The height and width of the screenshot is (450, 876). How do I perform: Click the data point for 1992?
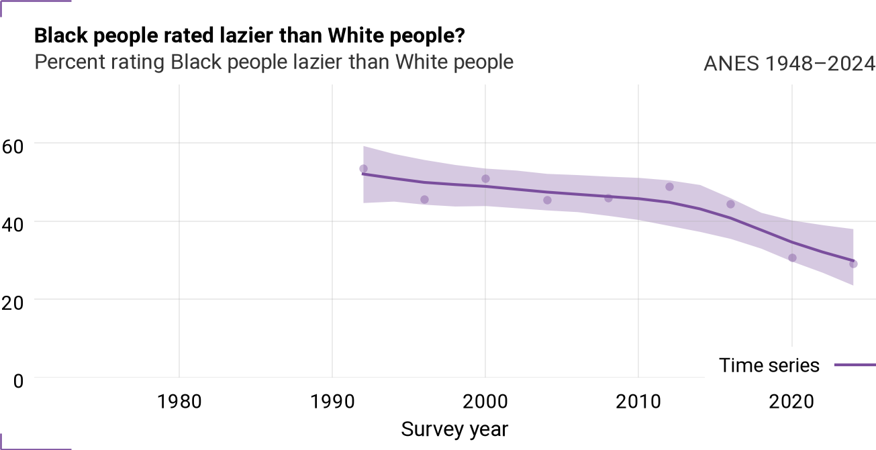(363, 169)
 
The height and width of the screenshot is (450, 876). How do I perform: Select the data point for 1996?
(424, 200)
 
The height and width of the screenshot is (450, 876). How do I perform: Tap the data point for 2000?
(485, 179)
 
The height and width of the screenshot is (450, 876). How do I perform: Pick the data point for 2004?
(547, 200)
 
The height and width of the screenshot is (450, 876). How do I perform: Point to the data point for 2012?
(669, 186)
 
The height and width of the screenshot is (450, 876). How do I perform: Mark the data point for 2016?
(730, 205)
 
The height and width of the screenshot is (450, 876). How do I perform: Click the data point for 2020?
(792, 258)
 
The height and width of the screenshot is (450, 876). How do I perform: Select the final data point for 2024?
(853, 264)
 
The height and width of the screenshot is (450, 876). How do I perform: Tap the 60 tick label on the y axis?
(13, 147)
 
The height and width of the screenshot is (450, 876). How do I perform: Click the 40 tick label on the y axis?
(13, 225)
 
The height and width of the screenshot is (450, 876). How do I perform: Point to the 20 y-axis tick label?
(13, 303)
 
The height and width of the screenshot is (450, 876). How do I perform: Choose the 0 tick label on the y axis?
(18, 381)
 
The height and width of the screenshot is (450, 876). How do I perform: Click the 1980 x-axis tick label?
(179, 402)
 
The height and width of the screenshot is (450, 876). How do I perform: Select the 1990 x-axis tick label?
(332, 402)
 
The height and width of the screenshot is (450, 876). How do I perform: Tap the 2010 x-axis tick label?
(638, 402)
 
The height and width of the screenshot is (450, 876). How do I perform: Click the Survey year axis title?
(454, 430)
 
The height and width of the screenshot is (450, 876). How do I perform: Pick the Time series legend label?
(769, 365)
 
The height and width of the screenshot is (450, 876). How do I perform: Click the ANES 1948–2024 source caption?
(789, 64)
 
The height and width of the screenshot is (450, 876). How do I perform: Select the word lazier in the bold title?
(246, 36)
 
